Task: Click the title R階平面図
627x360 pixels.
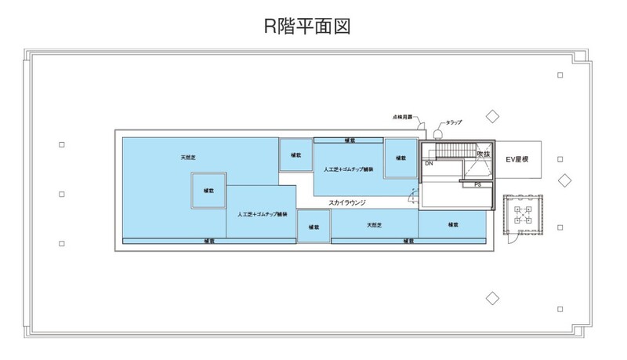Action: pos(306,26)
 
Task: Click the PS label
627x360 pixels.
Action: pos(477,184)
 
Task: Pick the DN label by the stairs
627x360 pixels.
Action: pos(429,164)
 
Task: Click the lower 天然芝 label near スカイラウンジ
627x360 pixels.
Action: pos(374,225)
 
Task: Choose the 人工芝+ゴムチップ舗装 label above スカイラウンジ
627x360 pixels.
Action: pos(349,168)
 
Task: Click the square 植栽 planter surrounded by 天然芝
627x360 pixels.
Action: pos(209,191)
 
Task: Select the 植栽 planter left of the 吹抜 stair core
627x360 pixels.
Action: pos(400,158)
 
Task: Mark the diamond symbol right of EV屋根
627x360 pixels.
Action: pos(563,180)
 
